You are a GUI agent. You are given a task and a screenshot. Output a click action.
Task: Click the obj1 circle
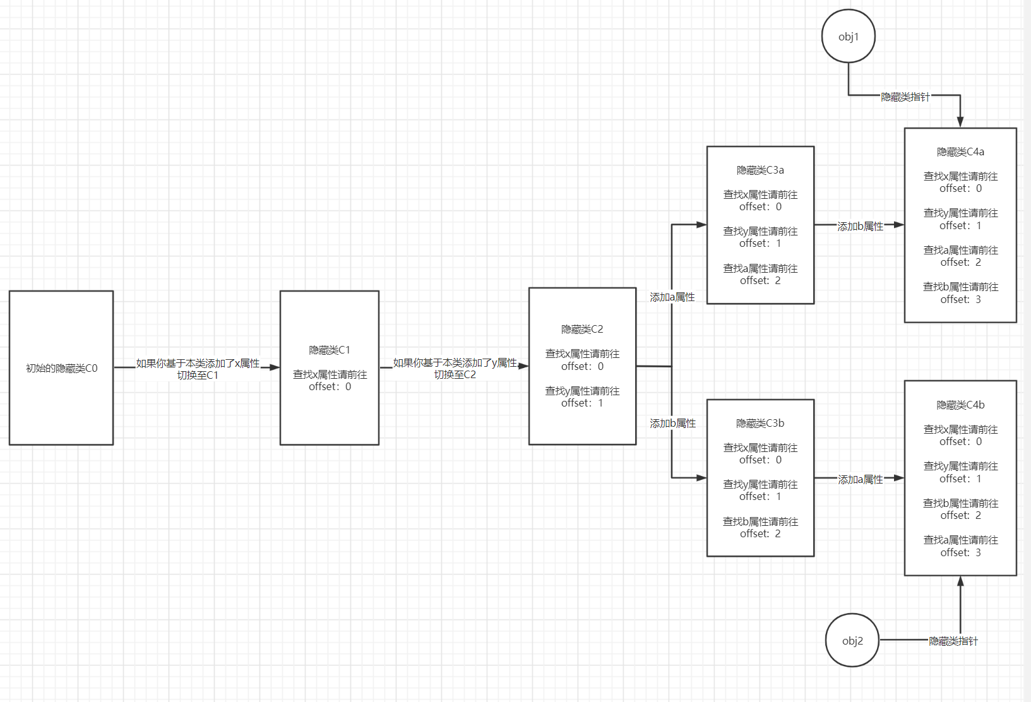pyautogui.click(x=849, y=37)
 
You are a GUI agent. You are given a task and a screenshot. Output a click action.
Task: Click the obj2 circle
pyautogui.click(x=852, y=640)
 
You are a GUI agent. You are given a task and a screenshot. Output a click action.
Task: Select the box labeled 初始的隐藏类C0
pyautogui.click(x=61, y=368)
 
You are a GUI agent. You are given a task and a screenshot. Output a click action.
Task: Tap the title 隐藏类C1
pyautogui.click(x=330, y=350)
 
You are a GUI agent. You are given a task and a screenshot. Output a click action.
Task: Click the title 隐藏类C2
pyautogui.click(x=582, y=329)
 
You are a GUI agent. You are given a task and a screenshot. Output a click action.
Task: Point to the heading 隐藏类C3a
pyautogui.click(x=760, y=170)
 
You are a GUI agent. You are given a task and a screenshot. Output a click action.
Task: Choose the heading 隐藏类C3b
pyautogui.click(x=760, y=423)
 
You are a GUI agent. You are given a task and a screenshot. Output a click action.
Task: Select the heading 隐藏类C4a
pyautogui.click(x=960, y=152)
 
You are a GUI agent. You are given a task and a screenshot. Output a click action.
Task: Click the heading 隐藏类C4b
pyautogui.click(x=960, y=405)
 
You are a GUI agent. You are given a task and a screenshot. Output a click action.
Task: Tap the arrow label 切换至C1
pyautogui.click(x=198, y=375)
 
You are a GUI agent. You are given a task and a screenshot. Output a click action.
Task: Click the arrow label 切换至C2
pyautogui.click(x=455, y=374)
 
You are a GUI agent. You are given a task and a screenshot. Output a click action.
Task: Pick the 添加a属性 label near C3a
pyautogui.click(x=672, y=297)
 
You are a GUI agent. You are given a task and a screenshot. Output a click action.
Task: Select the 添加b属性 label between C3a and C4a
pyautogui.click(x=860, y=226)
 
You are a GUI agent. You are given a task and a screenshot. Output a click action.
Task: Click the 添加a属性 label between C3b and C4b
pyautogui.click(x=860, y=480)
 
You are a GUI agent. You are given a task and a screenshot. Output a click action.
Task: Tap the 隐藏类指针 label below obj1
pyautogui.click(x=905, y=97)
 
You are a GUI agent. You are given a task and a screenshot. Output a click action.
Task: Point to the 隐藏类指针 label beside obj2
pyautogui.click(x=953, y=641)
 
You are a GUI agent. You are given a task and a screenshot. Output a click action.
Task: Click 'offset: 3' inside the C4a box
pyautogui.click(x=960, y=299)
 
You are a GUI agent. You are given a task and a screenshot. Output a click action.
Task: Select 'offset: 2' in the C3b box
pyautogui.click(x=760, y=533)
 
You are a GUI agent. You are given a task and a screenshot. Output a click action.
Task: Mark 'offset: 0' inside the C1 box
pyautogui.click(x=330, y=386)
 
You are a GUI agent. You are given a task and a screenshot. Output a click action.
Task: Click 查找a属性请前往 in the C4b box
pyautogui.click(x=960, y=540)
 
